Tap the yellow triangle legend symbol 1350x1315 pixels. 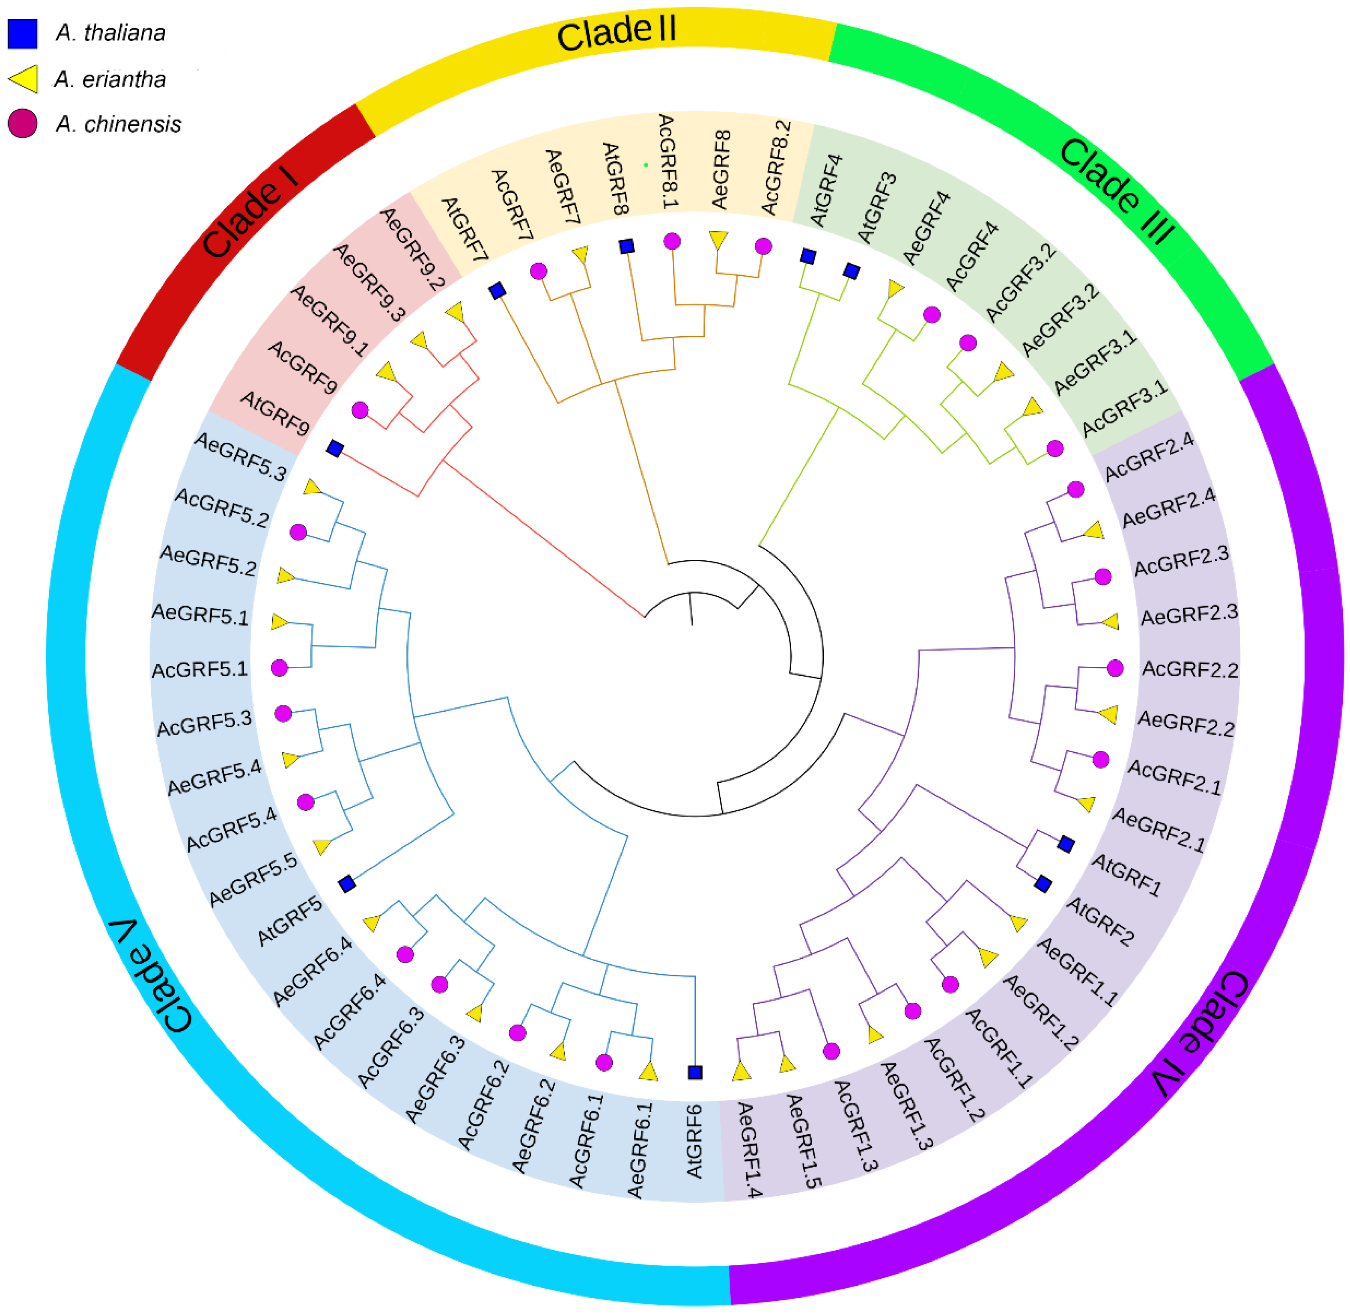click(24, 79)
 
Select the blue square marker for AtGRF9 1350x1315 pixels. click(335, 449)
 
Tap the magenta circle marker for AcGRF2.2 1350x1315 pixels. click(1115, 668)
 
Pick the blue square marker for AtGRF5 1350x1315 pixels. click(347, 883)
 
